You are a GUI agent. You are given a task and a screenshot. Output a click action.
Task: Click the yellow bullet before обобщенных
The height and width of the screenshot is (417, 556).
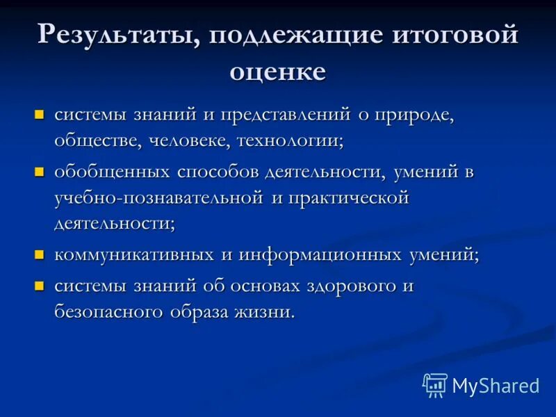click(40, 171)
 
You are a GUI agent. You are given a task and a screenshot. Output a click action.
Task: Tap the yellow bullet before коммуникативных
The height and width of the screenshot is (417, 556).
click(40, 254)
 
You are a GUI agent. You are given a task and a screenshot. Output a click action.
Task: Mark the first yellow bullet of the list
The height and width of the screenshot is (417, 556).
click(40, 113)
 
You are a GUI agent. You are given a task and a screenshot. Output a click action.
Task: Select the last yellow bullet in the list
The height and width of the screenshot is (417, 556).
click(40, 285)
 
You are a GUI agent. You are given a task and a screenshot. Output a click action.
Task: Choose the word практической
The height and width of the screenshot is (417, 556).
click(348, 198)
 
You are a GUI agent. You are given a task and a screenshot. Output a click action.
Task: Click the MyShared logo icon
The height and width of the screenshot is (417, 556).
click(435, 385)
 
